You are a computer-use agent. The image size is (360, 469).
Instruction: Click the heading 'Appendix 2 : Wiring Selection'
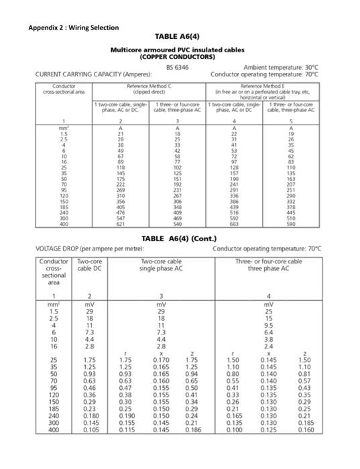(74, 27)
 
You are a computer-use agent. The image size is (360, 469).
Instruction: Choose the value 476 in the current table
(120, 212)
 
